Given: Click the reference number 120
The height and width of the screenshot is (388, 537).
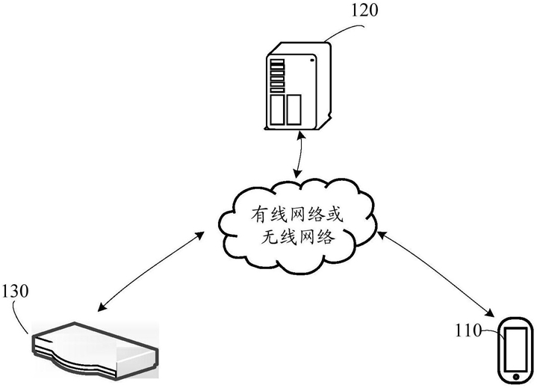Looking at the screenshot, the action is pyautogui.click(x=364, y=10).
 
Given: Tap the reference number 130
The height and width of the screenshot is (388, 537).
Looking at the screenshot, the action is pyautogui.click(x=15, y=292).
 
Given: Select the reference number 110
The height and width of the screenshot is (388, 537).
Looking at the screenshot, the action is pyautogui.click(x=468, y=330).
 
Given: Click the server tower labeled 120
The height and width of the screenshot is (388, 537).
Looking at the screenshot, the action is pyautogui.click(x=297, y=86).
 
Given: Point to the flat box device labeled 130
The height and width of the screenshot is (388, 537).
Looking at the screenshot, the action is pyautogui.click(x=95, y=350).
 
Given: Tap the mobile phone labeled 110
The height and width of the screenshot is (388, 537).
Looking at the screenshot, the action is pyautogui.click(x=516, y=349).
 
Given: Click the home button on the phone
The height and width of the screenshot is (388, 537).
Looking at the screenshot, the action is pyautogui.click(x=516, y=377).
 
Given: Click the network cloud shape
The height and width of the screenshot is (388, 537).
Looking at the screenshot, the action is pyautogui.click(x=297, y=227).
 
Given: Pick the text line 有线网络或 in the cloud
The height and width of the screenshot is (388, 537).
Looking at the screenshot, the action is pyautogui.click(x=297, y=215).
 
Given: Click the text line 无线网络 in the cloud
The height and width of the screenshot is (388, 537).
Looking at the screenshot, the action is pyautogui.click(x=297, y=236).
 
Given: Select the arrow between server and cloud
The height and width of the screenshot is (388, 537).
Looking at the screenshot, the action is pyautogui.click(x=299, y=154).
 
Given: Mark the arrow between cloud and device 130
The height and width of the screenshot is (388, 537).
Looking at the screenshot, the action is pyautogui.click(x=151, y=271).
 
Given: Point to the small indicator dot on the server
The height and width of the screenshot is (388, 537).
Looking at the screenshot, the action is pyautogui.click(x=311, y=61).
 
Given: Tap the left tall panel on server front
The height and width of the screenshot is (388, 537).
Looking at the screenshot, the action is pyautogui.click(x=277, y=110).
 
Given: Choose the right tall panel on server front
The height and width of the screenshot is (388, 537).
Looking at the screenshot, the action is pyautogui.click(x=294, y=110).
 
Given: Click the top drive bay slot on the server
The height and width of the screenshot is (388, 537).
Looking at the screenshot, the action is pyautogui.click(x=277, y=62).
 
